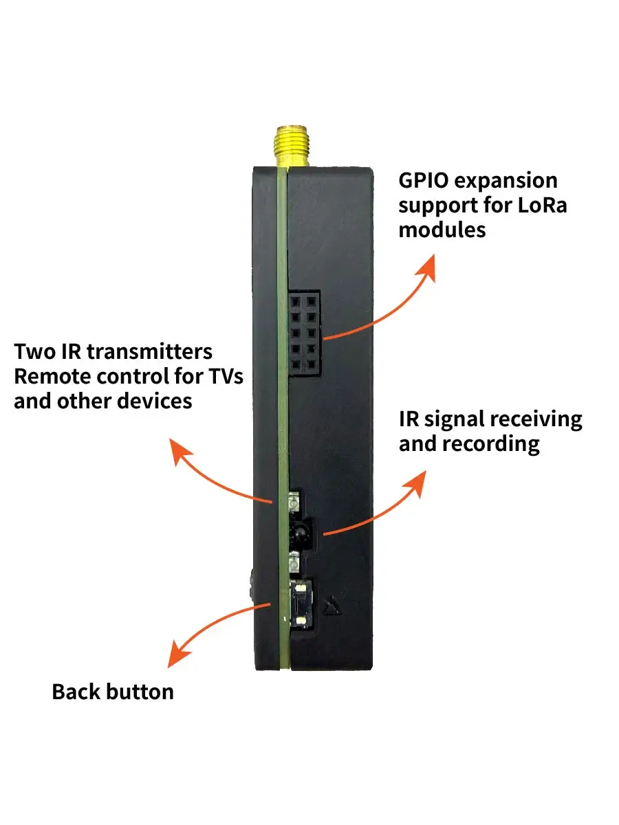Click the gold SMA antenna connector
[x=292, y=146]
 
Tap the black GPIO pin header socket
[x=304, y=333]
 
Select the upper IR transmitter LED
[x=293, y=501]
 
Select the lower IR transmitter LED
[x=293, y=563]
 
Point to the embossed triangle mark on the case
[x=332, y=606]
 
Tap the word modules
[x=442, y=230]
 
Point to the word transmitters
[x=149, y=352]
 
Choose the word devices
[x=155, y=401]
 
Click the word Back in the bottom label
[x=74, y=692]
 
